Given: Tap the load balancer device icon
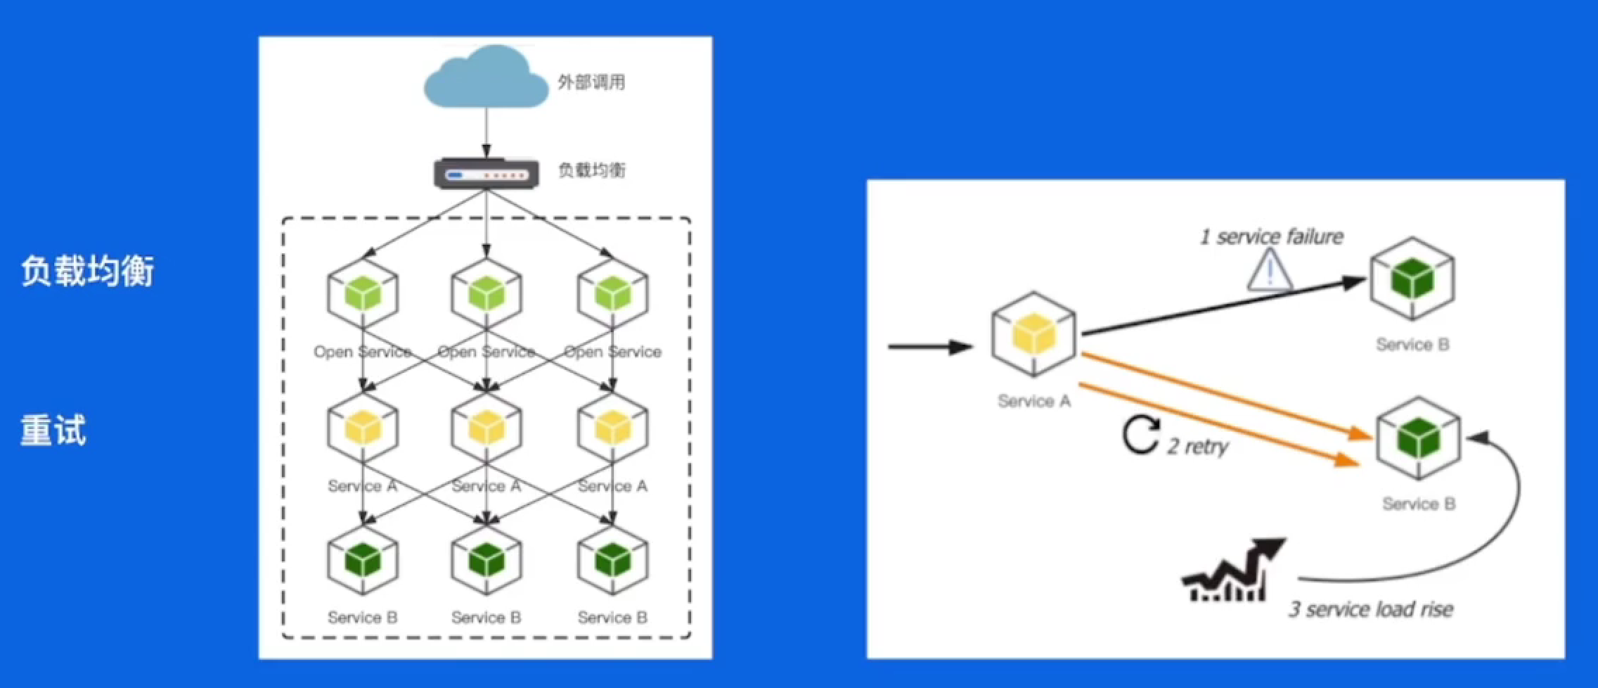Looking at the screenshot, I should click(486, 174).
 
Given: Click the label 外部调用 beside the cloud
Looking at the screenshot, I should click(591, 82).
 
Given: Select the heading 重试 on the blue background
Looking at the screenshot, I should click(53, 431).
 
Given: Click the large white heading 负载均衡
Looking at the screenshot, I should click(87, 271).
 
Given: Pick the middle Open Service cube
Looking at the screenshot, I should click(487, 293).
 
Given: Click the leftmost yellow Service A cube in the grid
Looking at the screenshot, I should click(363, 427).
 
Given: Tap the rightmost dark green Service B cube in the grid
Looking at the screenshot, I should click(612, 561).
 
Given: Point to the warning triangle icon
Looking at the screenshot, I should click(1269, 272).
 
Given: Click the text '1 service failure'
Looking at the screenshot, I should click(1271, 236).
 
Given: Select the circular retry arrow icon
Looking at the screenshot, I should click(1140, 435).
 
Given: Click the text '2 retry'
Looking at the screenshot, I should click(1198, 446).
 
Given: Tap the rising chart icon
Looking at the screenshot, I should click(1232, 571).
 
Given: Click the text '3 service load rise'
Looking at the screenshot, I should click(1370, 609).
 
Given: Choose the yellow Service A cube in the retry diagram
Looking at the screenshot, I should click(1033, 333).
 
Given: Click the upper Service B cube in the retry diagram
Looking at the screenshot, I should click(1412, 279).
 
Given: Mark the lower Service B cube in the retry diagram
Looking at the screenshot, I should click(1419, 438).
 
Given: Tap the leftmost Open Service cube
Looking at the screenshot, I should click(363, 293).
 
